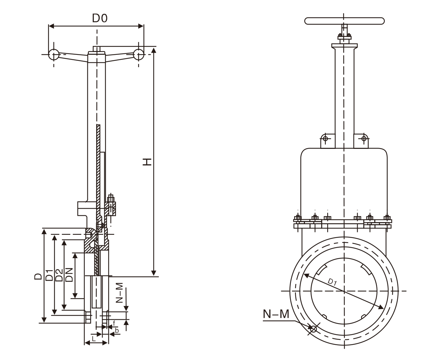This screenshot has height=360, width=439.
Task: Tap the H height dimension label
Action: coord(147,162)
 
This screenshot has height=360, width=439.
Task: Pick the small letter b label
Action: coord(116,331)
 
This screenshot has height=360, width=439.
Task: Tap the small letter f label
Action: coord(114,323)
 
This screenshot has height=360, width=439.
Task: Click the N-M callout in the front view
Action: coord(276,313)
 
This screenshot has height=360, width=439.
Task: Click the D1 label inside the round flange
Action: coord(332,282)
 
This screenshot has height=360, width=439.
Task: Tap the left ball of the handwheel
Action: coord(54,54)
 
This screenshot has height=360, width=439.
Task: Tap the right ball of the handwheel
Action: coord(138,54)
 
